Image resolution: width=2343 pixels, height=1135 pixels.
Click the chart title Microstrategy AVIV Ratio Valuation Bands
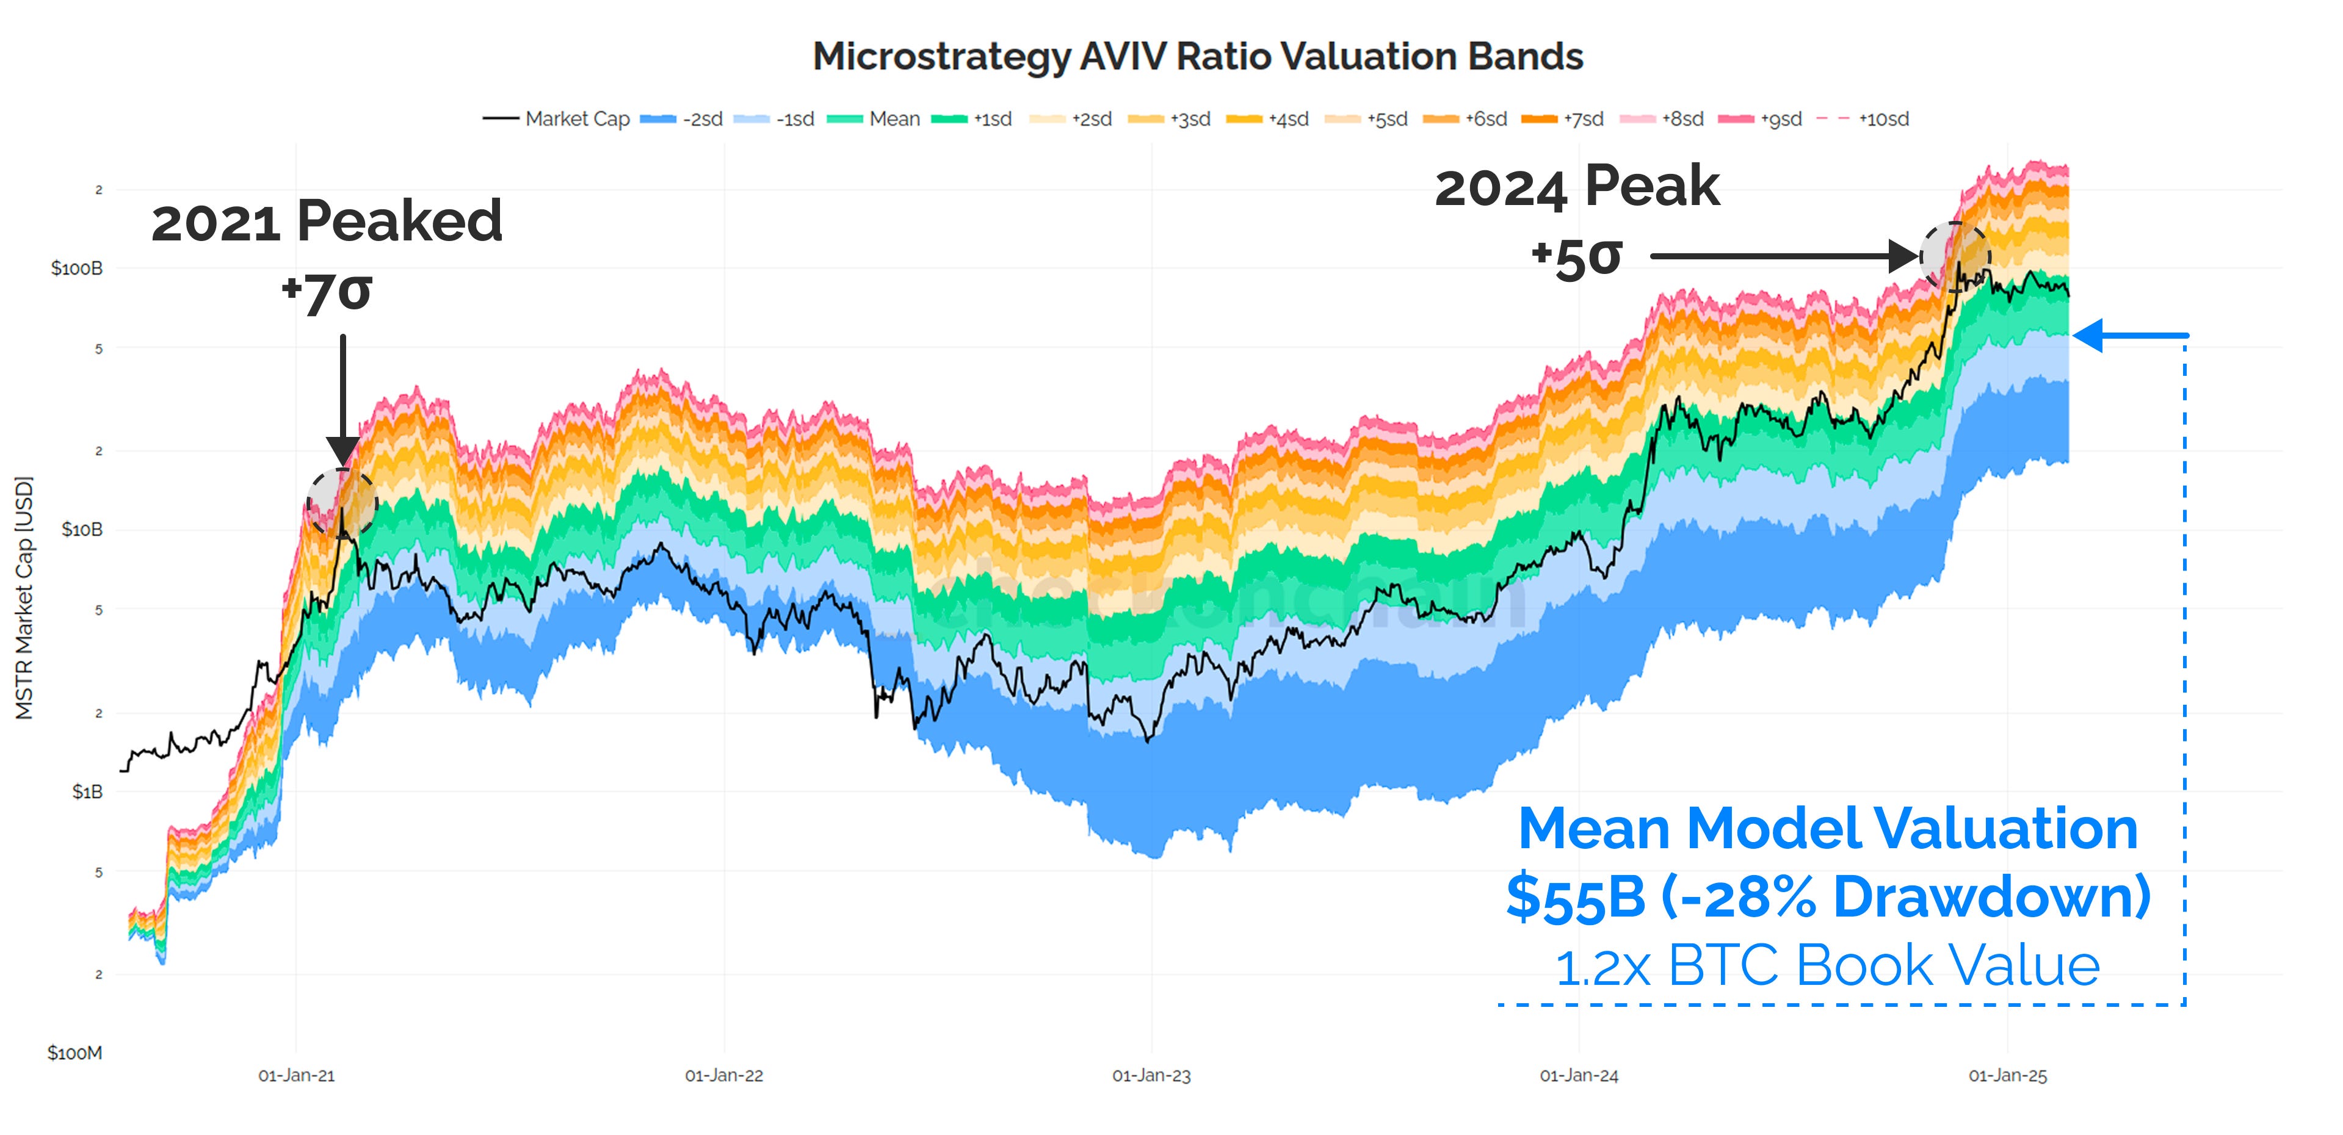point(1197,56)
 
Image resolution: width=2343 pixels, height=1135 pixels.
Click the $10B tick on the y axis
point(81,529)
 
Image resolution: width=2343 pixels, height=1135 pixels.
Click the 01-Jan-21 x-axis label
point(297,1076)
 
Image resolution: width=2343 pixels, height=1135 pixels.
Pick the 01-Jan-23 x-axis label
point(1151,1076)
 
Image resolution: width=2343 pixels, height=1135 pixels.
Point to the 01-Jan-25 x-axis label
point(2007,1076)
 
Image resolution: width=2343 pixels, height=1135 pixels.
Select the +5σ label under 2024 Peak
point(1576,258)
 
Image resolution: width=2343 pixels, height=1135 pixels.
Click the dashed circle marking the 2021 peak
point(342,503)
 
